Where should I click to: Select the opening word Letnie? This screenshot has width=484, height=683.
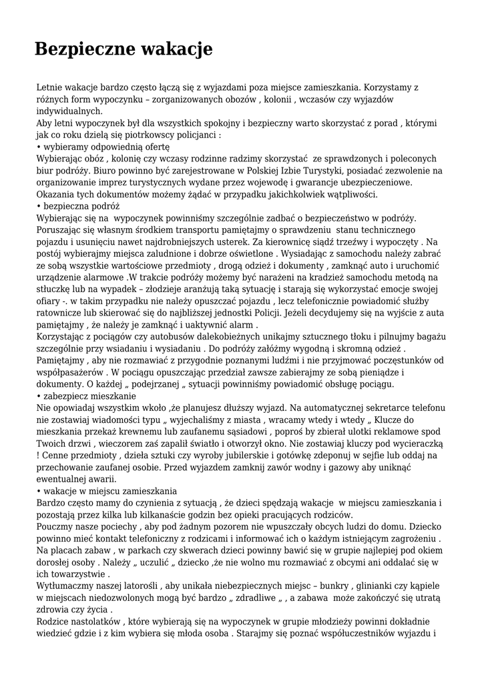[x=50, y=87]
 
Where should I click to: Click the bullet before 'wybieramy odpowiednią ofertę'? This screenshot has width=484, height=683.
[x=39, y=147]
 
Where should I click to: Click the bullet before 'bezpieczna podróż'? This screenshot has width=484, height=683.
[x=39, y=207]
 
